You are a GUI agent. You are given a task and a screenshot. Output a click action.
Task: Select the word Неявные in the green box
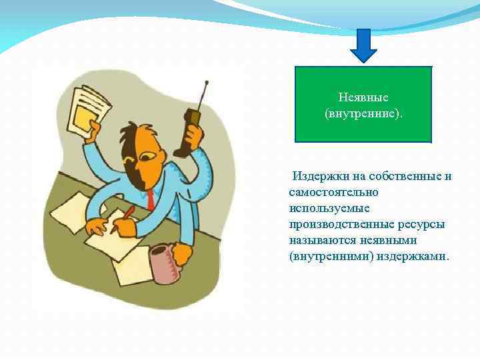coord(363,97)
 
